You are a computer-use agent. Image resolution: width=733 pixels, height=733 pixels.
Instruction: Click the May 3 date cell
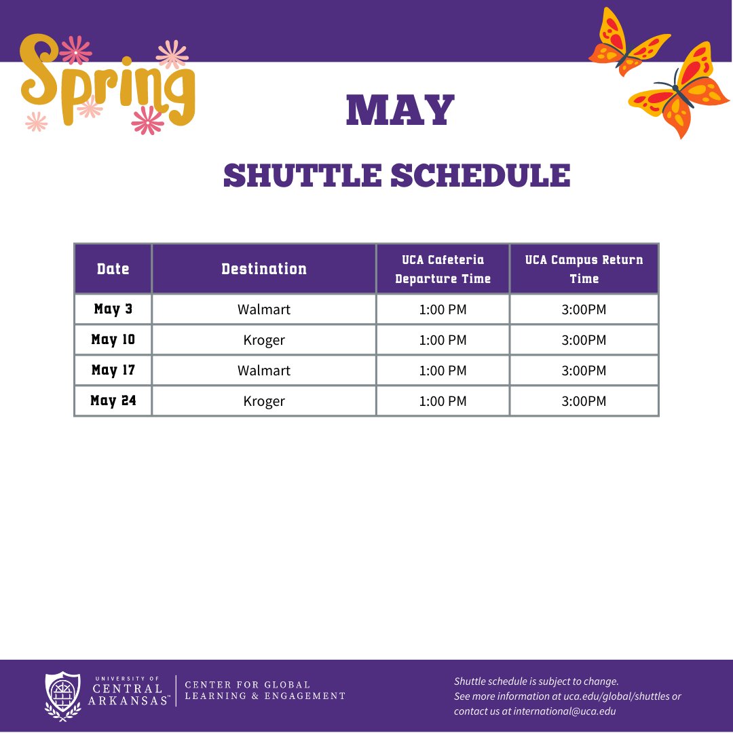coord(113,309)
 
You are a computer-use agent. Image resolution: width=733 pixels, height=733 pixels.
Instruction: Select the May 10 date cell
coord(113,339)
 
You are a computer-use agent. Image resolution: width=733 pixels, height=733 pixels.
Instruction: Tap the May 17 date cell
coord(113,370)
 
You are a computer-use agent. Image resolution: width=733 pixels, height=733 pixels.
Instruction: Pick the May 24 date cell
coord(113,400)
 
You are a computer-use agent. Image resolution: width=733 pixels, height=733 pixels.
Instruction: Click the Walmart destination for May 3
coord(263,309)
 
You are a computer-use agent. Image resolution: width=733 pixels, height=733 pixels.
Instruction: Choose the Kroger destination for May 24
coord(263,401)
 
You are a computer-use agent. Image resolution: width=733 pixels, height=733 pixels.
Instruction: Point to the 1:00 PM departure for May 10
coord(443,340)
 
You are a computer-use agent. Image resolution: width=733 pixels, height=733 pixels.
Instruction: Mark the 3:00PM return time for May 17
coord(584,371)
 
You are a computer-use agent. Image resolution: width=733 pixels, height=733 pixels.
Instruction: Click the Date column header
coord(113,269)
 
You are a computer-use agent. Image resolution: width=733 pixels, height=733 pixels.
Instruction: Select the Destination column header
coord(263,269)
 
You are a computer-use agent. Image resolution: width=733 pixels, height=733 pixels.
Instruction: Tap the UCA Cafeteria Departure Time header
coord(443,269)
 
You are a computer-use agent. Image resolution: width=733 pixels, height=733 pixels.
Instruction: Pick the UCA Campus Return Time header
coord(584,269)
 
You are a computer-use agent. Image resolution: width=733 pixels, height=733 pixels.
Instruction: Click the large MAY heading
coord(400,111)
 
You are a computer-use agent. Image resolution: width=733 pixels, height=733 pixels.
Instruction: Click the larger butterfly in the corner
coord(679,92)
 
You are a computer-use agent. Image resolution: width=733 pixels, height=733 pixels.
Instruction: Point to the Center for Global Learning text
coord(265,690)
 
